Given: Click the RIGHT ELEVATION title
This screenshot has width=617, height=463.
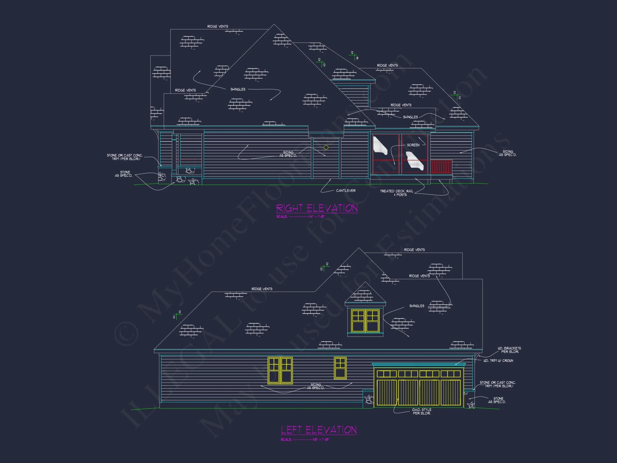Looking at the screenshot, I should pos(317,208).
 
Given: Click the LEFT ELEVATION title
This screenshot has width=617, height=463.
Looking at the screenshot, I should pos(319,430).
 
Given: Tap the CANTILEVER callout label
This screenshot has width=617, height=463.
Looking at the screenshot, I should pos(346,190).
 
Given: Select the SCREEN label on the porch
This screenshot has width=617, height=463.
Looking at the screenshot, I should pos(413,145).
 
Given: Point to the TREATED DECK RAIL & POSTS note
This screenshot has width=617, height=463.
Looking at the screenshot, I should pos(397,193).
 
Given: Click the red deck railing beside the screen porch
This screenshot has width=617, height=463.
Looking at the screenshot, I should pos(441,167).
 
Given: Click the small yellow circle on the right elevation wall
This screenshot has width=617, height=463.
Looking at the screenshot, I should pos(326,148).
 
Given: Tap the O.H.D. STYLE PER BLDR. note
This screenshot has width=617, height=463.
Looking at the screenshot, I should pos(421,411).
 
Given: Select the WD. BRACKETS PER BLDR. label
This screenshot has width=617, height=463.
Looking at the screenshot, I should pos(509,350).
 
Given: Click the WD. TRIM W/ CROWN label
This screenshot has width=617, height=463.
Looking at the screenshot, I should pos(498,361).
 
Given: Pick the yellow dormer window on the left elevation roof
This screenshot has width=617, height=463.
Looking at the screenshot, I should pos(366,321).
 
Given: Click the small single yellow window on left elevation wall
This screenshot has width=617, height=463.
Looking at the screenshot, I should pos(340,368).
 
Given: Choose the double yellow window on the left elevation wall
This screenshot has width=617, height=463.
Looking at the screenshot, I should pos(280,370).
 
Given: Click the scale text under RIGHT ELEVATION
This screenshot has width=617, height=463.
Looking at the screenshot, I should pos(300,217).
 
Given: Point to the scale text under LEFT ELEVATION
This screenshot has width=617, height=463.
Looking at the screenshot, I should pos(305,440).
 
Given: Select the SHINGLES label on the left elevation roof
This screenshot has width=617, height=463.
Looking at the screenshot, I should pos(417,306).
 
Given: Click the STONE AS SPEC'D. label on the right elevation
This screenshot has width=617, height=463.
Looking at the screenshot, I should pos(124,174).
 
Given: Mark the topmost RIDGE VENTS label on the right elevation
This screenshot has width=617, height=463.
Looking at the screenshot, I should pos(218,27).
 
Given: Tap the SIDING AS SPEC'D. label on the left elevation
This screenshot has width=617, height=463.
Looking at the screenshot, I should pos(316,386).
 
